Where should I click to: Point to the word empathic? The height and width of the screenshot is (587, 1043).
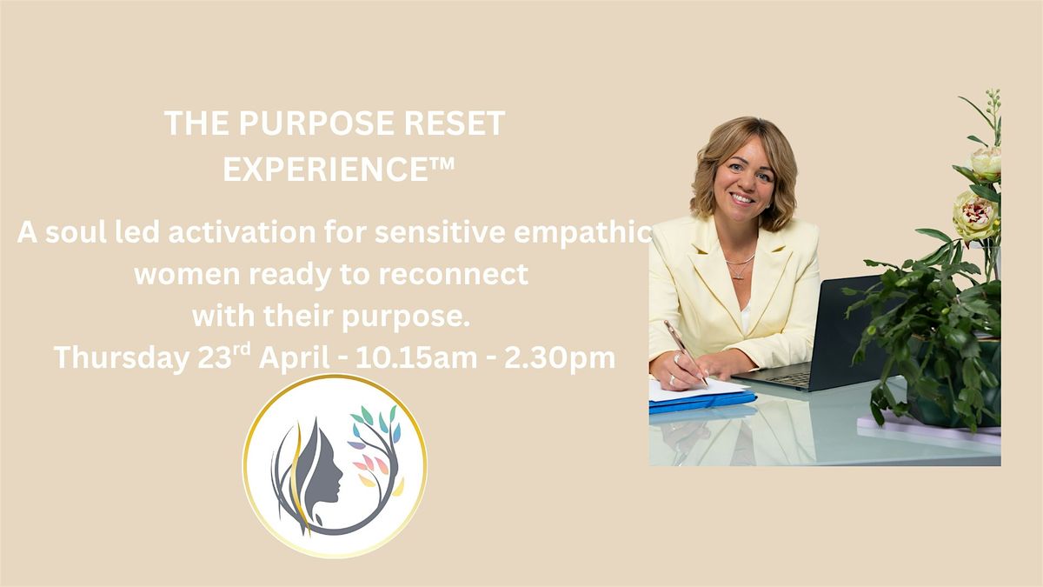[x=582, y=233]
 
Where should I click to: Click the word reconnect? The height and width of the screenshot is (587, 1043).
[x=453, y=274]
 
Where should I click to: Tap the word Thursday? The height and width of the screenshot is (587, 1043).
[x=122, y=357]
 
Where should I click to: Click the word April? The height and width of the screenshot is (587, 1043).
[x=295, y=357]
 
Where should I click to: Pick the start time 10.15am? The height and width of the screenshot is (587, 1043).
[x=416, y=357]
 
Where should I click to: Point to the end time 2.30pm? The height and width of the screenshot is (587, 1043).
[x=560, y=357]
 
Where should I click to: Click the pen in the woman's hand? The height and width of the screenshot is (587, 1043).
[x=686, y=352]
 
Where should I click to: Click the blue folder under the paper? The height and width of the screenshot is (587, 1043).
[x=702, y=401]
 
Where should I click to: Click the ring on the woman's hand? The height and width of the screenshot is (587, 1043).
[x=672, y=380]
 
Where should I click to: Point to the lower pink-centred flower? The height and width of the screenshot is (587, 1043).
[x=975, y=217]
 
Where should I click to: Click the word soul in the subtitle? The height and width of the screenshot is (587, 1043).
[x=76, y=232]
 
